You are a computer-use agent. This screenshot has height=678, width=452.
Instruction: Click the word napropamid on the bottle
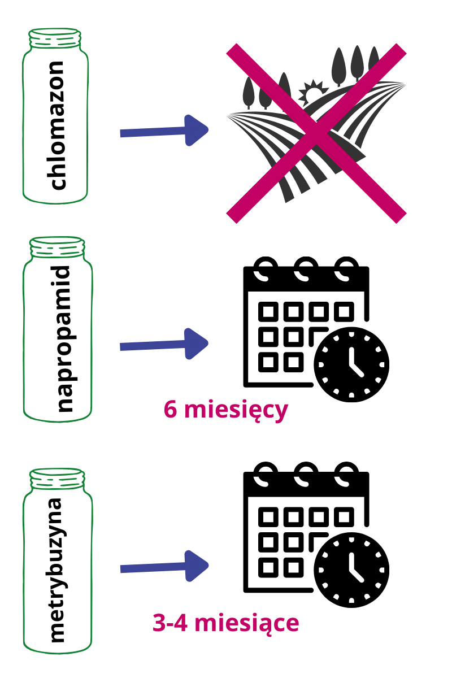point(58,339)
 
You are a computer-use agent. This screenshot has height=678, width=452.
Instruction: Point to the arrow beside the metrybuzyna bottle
point(164,566)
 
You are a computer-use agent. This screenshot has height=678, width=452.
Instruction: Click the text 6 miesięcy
point(226,410)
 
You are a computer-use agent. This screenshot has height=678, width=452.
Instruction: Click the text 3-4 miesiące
point(225,623)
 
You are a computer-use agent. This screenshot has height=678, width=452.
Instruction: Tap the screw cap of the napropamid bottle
point(56,247)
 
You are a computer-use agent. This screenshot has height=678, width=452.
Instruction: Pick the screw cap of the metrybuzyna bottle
point(56,478)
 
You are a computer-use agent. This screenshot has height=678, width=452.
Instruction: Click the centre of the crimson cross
point(316,133)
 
